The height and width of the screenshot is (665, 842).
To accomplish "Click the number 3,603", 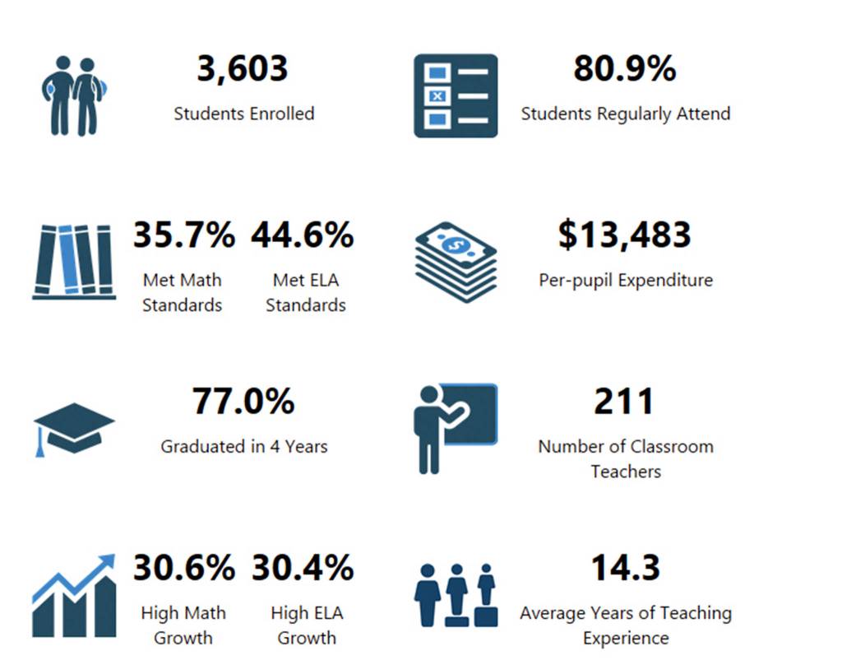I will click(x=243, y=69).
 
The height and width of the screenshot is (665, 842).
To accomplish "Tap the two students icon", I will click(x=74, y=96).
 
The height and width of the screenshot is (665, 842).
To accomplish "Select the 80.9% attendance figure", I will click(x=625, y=69).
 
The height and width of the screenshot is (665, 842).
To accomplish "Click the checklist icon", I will click(x=456, y=95).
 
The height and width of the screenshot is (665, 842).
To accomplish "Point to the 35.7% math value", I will click(x=184, y=236).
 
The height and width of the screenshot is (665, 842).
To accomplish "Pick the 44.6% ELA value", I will click(x=303, y=236).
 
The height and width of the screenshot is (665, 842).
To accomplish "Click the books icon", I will click(x=74, y=261).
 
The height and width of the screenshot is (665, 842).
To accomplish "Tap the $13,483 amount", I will click(x=625, y=236).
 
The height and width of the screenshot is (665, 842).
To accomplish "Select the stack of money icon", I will click(x=456, y=261).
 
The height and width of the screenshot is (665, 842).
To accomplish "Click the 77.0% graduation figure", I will click(x=243, y=402).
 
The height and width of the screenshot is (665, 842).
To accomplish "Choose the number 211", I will click(x=625, y=402).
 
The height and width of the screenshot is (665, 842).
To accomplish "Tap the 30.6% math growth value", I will click(x=184, y=569).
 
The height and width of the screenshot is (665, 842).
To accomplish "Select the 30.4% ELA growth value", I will click(x=303, y=569).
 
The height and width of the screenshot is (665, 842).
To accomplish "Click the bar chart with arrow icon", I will click(x=74, y=594).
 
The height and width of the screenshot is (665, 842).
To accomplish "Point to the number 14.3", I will click(x=625, y=569).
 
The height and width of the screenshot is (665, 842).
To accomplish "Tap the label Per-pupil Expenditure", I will click(x=626, y=281).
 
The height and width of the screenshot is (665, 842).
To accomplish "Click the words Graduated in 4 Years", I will click(x=244, y=447).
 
